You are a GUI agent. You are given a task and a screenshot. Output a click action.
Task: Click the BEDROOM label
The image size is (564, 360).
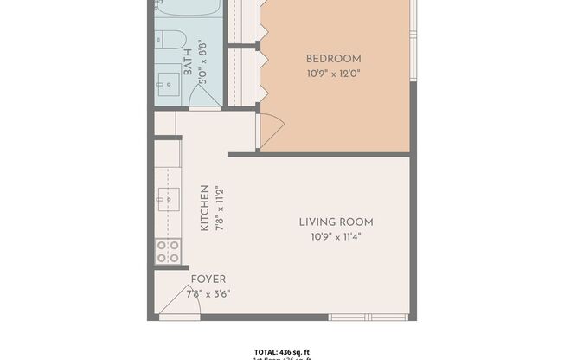pyautogui.click(x=333, y=59)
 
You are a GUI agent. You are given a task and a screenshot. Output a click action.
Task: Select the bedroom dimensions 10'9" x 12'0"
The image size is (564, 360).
pyautogui.click(x=333, y=74)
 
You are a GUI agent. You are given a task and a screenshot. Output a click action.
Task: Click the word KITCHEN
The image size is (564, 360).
pyautogui.click(x=205, y=208)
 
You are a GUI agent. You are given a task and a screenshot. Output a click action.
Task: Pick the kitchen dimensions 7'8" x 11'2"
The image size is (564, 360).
pyautogui.click(x=221, y=208)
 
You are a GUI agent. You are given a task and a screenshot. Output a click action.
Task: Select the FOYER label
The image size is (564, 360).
pyautogui.click(x=208, y=280)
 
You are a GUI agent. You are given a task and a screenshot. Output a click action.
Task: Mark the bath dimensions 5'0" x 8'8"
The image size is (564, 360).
pyautogui.click(x=202, y=60)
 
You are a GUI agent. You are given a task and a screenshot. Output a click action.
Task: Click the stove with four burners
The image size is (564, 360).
pyautogui.click(x=167, y=251)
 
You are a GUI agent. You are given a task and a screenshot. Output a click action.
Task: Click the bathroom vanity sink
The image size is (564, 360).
pyautogui.click(x=168, y=86)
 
